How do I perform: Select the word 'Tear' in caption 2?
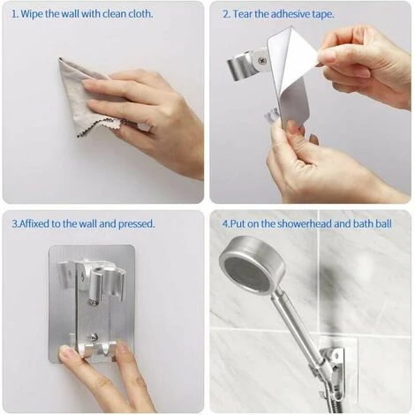coord(244,14)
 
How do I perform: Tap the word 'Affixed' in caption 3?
coord(36,223)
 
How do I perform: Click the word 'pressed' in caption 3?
coord(134,223)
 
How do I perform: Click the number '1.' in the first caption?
coord(15,14)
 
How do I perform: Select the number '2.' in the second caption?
coord(226,14)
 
